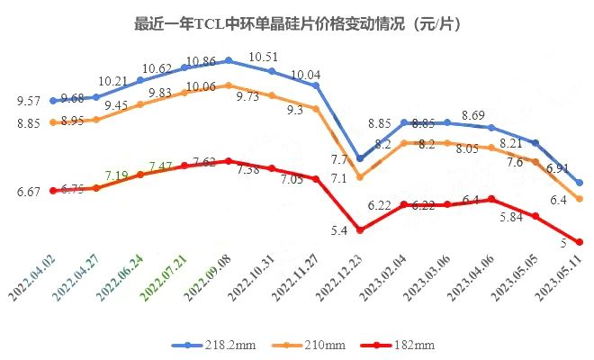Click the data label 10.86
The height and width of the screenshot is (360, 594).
(x=200, y=60)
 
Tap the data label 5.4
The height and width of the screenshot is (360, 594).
(x=340, y=232)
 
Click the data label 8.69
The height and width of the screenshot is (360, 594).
(x=473, y=115)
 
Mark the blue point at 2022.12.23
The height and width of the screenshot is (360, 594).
(x=360, y=158)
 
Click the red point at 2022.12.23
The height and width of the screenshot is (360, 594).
(x=360, y=230)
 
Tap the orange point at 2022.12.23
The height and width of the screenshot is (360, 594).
(x=360, y=177)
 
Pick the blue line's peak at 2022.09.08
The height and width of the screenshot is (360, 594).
(x=229, y=60)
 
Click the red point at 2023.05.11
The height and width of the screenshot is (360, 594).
(x=580, y=242)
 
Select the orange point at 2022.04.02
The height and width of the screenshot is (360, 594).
(x=54, y=122)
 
